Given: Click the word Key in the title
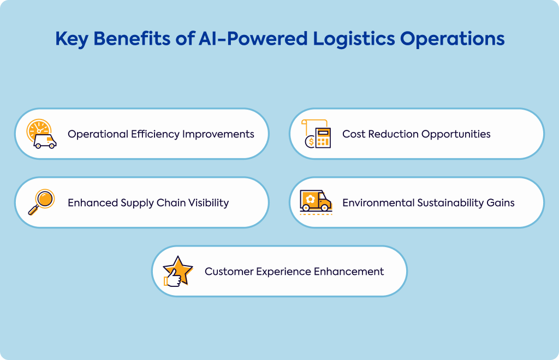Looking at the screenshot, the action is pyautogui.click(x=72, y=39).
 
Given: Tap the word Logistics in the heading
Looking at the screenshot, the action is pyautogui.click(x=354, y=39).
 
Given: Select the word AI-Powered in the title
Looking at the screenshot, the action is pyautogui.click(x=253, y=39).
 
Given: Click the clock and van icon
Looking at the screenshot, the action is pyautogui.click(x=41, y=134).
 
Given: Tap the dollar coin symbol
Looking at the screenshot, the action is pyautogui.click(x=310, y=142).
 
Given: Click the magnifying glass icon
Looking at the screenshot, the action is pyautogui.click(x=41, y=202).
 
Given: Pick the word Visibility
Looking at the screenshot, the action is pyautogui.click(x=209, y=203).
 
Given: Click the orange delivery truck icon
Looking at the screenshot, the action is pyautogui.click(x=316, y=201).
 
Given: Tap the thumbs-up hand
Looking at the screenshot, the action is pyautogui.click(x=173, y=278).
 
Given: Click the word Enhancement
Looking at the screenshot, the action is pyautogui.click(x=349, y=272).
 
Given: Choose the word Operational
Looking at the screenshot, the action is pyautogui.click(x=98, y=135).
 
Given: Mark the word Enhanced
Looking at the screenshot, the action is pyautogui.click(x=93, y=203).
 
